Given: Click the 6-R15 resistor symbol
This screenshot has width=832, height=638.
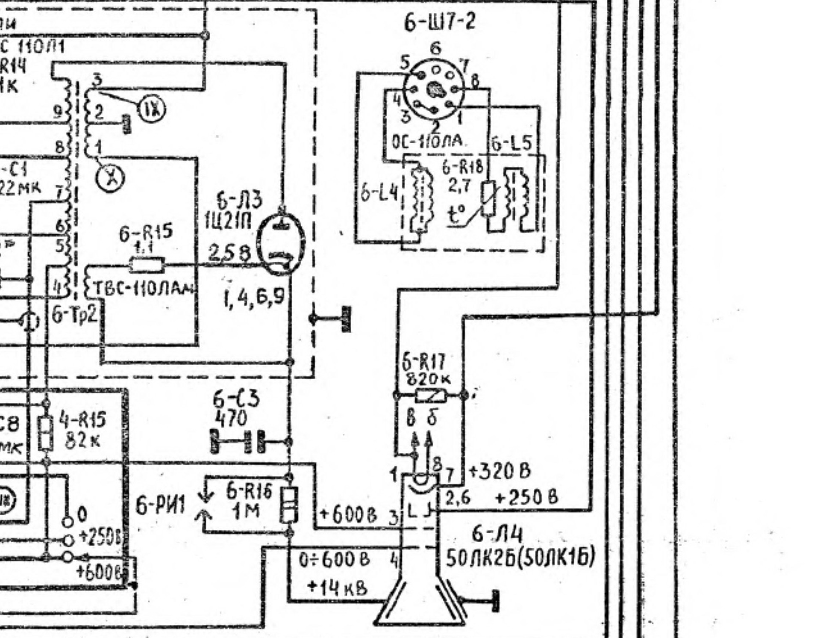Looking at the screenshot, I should [147, 266].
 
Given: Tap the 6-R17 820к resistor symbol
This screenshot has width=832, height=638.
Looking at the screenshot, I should [430, 396].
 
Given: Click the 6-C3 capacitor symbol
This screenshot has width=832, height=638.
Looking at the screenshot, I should [253, 442].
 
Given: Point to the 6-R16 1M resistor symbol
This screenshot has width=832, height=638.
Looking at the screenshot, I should [289, 505].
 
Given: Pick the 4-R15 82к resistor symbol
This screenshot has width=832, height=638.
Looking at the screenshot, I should [46, 433].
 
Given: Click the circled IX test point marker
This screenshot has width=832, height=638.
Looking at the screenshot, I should [152, 110].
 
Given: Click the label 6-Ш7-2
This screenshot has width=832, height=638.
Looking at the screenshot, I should [439, 21].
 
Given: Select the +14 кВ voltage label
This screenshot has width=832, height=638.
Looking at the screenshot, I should [337, 588].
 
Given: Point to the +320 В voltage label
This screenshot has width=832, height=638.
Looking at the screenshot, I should [500, 471].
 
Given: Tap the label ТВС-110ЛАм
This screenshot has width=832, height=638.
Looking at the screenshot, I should [143, 289].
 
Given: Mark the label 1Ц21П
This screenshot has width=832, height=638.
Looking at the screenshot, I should [228, 222].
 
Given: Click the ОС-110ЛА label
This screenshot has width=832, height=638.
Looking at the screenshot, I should [427, 141].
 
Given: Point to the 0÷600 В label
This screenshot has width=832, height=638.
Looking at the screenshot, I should [335, 559].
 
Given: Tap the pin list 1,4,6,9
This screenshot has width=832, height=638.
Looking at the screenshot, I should [253, 297].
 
